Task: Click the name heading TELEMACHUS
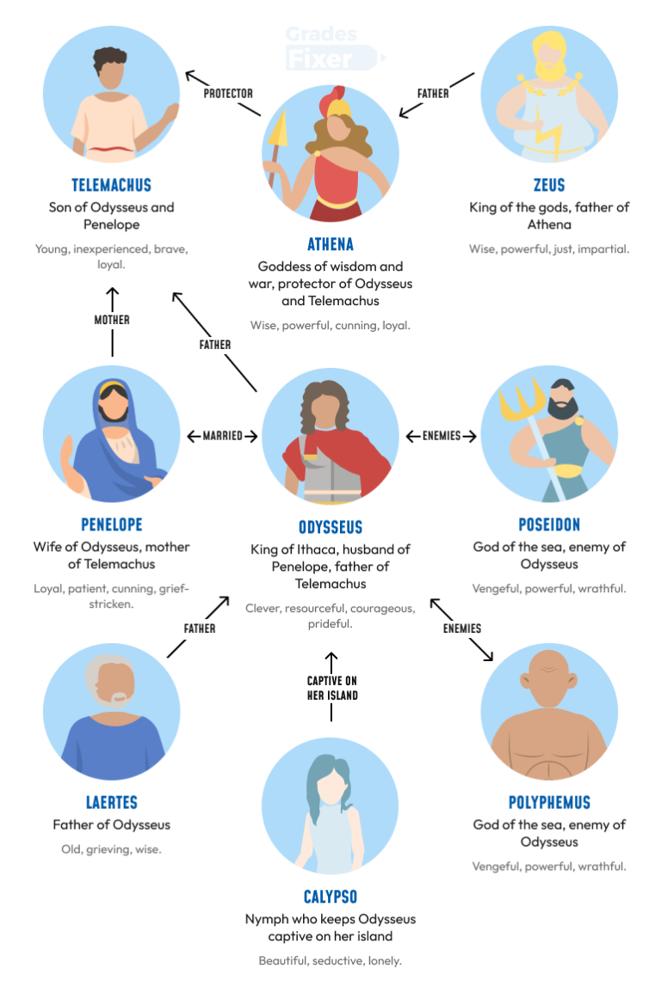[x=112, y=185]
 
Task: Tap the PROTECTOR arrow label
[x=228, y=93]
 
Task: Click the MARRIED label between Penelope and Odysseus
[x=223, y=436]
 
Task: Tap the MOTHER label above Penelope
[x=112, y=320]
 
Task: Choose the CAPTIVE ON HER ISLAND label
[x=332, y=688]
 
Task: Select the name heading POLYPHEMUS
[x=549, y=803]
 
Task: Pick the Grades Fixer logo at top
[x=331, y=47]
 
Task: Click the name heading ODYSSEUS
[x=330, y=527]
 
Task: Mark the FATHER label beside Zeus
[x=433, y=93]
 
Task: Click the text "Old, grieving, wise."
[x=112, y=849]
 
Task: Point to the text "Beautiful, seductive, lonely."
[x=330, y=961]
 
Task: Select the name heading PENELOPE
[x=112, y=524]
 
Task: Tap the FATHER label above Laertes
[x=200, y=628]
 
